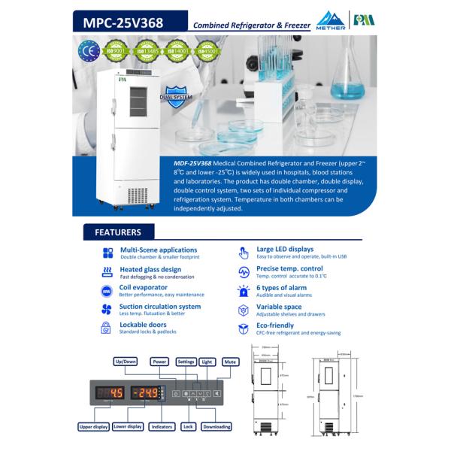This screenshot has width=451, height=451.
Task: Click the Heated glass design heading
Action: coord(150,269)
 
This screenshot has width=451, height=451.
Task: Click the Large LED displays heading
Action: coord(285,250)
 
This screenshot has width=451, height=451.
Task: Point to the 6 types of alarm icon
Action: coord(243,290)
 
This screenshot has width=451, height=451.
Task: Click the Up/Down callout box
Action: coord(125,362)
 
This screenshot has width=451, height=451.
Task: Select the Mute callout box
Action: coord(230,362)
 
